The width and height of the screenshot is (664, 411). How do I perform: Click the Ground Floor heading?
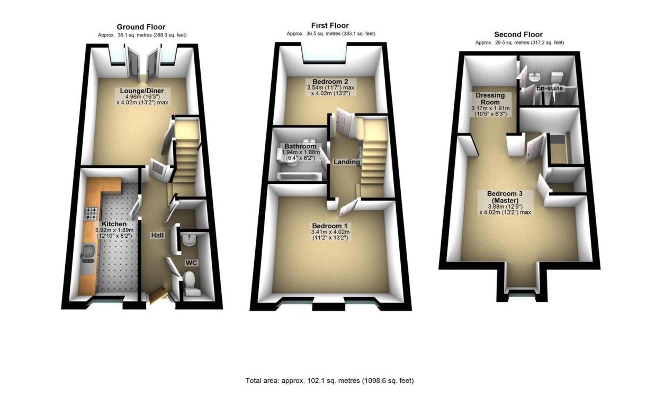point(141,27)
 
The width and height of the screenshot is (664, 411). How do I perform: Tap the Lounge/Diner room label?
point(142,91)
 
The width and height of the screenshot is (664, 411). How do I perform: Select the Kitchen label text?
point(114,224)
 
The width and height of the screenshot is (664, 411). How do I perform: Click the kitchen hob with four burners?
point(91,213)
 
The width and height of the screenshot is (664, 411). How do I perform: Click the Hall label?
point(157,235)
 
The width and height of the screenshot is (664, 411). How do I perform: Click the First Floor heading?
point(330,25)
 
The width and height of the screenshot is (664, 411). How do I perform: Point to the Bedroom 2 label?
point(330,81)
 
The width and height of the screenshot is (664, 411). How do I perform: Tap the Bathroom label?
point(300,146)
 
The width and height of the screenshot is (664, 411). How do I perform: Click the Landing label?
point(346,162)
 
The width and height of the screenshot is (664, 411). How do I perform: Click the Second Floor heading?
point(518,34)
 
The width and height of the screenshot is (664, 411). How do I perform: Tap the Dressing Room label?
point(490,99)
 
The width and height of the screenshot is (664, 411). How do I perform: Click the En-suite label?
point(549,88)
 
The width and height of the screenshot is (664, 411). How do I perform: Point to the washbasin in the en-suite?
point(534,76)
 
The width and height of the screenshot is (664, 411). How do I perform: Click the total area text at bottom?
point(330,380)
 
